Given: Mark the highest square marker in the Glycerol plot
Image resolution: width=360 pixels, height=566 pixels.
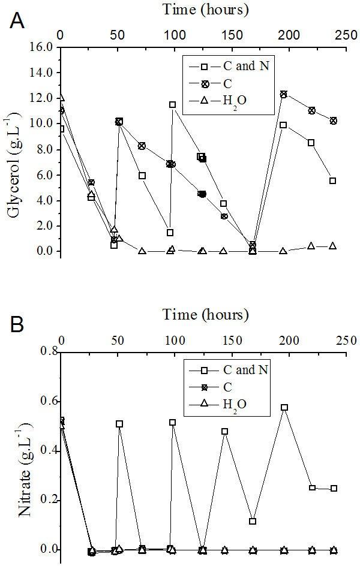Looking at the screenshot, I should pyautogui.click(x=173, y=104).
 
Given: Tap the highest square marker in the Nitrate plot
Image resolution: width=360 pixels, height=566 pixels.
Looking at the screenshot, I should pyautogui.click(x=284, y=408).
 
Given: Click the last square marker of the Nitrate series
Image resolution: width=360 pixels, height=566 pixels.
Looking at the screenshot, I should pyautogui.click(x=334, y=488).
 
